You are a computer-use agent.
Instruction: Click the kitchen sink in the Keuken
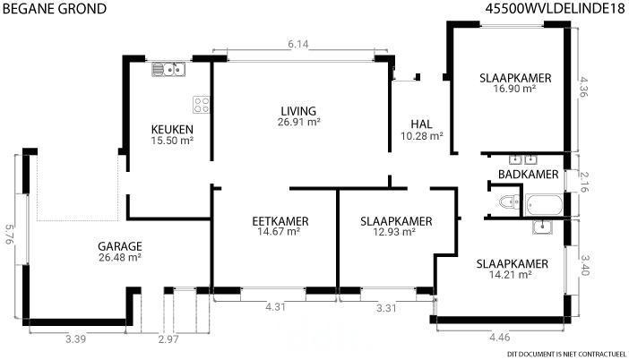click(168, 69)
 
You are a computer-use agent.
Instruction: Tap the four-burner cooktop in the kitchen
click(202, 104)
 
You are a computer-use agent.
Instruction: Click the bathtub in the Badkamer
click(544, 204)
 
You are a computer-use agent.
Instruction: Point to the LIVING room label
click(298, 111)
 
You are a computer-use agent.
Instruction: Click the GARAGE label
click(120, 246)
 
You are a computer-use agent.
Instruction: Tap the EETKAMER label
click(280, 221)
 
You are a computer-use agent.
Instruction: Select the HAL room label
click(422, 124)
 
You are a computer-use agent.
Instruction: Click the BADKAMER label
click(529, 175)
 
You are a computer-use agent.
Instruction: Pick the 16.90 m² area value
click(515, 89)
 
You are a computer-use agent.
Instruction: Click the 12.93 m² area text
click(394, 232)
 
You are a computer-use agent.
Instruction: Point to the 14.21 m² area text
click(511, 275)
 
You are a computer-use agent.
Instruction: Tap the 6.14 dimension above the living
click(298, 44)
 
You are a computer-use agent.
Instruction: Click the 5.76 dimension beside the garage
click(9, 235)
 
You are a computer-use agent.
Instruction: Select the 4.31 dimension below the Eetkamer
click(276, 307)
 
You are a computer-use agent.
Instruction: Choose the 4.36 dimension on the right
click(583, 87)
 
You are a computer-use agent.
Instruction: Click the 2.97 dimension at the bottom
click(168, 339)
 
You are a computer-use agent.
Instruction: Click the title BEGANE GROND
click(54, 8)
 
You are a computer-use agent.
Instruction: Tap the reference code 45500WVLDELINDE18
click(556, 8)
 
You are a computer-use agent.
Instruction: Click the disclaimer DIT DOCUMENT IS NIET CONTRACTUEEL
click(566, 354)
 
